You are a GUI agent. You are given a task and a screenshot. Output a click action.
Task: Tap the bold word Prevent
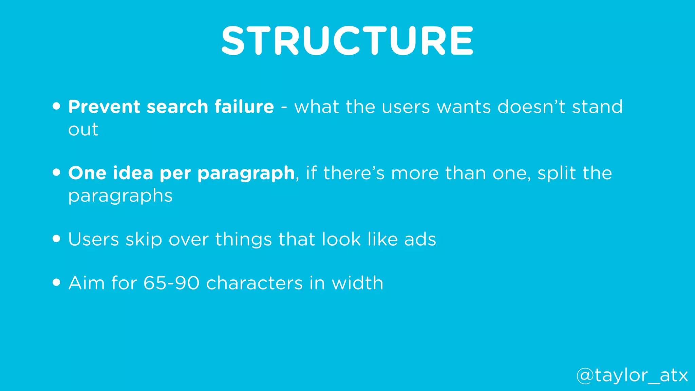(104, 107)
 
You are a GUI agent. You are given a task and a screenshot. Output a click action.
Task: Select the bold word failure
(244, 107)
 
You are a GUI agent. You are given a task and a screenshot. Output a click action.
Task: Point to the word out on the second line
(83, 130)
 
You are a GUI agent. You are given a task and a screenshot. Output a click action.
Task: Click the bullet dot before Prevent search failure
(57, 106)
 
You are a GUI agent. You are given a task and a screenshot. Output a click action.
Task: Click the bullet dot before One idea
(57, 172)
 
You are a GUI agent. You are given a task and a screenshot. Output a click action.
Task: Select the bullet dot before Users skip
(57, 239)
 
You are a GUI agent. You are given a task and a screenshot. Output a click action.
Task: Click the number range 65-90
(171, 283)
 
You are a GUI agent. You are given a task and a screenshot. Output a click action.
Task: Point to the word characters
(254, 283)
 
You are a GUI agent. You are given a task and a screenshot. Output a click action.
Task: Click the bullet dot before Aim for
(57, 282)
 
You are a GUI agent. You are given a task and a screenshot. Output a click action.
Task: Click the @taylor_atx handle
(632, 376)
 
